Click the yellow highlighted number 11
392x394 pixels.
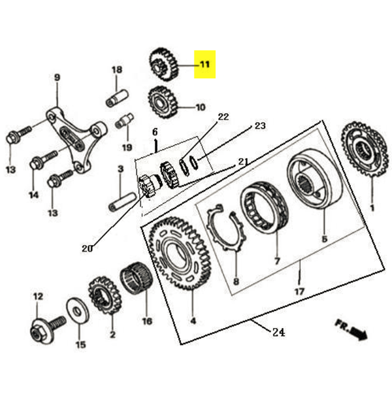pyautogui.click(x=204, y=65)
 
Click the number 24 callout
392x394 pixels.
pyautogui.click(x=278, y=333)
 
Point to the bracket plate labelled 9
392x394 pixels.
pyautogui.click(x=75, y=134)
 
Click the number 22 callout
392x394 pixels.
pyautogui.click(x=223, y=118)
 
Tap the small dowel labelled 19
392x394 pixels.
pyautogui.click(x=124, y=122)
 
